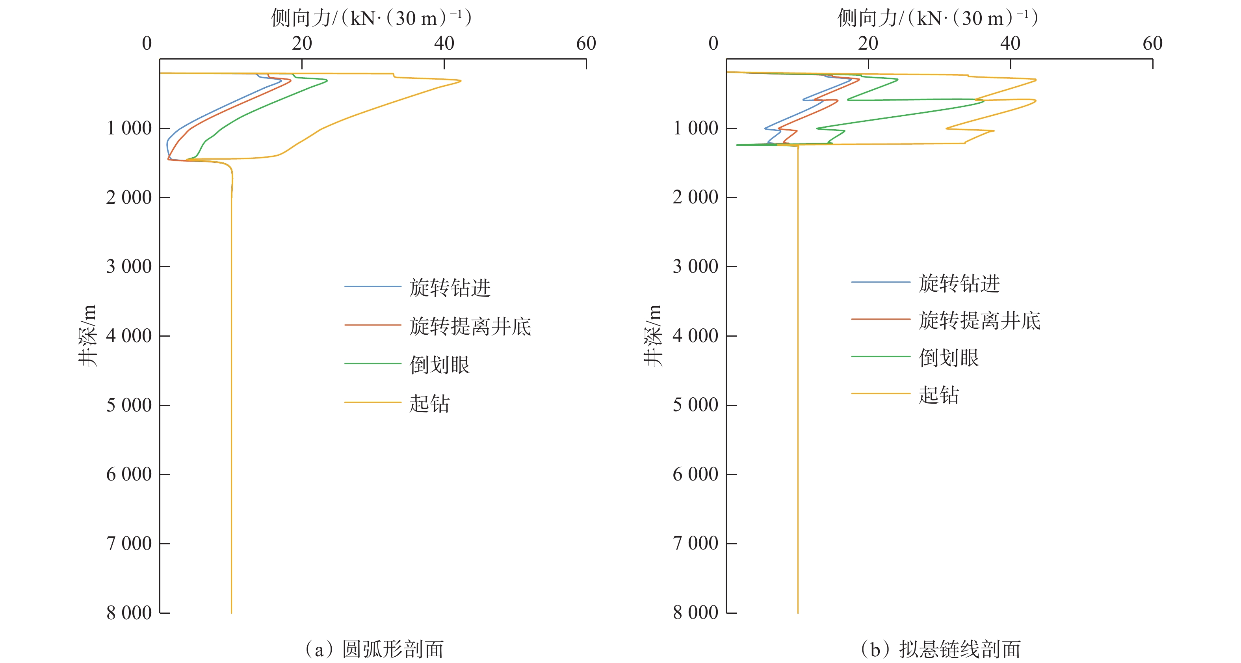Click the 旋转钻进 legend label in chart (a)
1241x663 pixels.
click(x=450, y=288)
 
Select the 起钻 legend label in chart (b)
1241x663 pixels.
click(x=938, y=395)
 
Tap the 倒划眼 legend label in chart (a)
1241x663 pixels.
click(x=439, y=365)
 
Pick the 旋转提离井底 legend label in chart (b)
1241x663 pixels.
click(x=979, y=320)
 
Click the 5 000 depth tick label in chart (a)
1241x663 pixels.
click(x=128, y=405)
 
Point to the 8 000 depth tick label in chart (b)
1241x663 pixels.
click(x=695, y=613)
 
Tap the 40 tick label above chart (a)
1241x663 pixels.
click(x=444, y=44)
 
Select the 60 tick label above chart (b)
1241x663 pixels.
click(x=1152, y=44)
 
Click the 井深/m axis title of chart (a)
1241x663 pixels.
click(x=88, y=335)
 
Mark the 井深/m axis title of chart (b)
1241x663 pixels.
click(x=654, y=335)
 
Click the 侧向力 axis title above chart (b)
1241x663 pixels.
click(x=937, y=18)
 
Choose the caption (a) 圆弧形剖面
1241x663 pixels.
click(x=374, y=649)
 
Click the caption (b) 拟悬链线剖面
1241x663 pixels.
click(x=940, y=649)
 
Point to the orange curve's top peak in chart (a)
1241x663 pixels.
click(x=461, y=80)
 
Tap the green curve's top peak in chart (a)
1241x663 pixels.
click(x=327, y=80)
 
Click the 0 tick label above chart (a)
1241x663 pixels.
click(x=147, y=44)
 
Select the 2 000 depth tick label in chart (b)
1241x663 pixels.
click(x=695, y=197)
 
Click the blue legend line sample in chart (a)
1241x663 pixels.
click(x=372, y=287)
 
